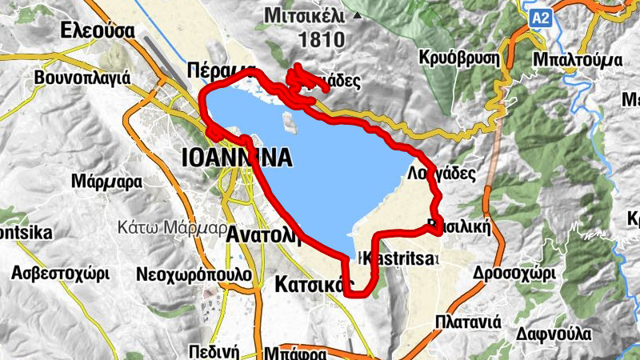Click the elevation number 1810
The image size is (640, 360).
pos(320,38)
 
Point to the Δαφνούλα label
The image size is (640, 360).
pos(554,333)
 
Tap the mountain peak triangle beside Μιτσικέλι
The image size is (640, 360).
pos(357,14)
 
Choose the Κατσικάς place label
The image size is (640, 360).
pos(313,284)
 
